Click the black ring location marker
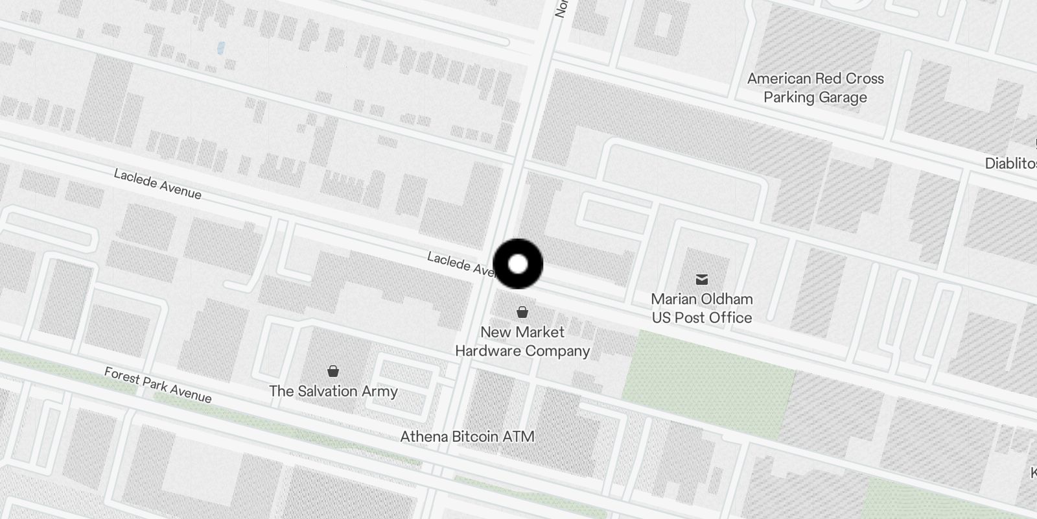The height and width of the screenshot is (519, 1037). coord(518,264)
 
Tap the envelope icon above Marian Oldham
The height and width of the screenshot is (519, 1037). coord(701,280)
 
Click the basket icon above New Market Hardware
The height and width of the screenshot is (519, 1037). coord(522,312)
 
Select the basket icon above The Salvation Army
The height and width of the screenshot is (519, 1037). coord(333,371)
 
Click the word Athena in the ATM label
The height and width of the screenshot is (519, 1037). coord(424,437)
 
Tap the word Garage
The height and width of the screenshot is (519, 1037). coord(842,98)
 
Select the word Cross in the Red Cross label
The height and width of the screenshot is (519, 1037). coord(865,78)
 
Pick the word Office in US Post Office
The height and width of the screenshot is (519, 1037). coord(730,318)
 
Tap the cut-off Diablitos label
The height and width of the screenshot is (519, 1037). coord(1011,163)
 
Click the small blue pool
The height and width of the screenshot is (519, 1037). coord(221,47)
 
